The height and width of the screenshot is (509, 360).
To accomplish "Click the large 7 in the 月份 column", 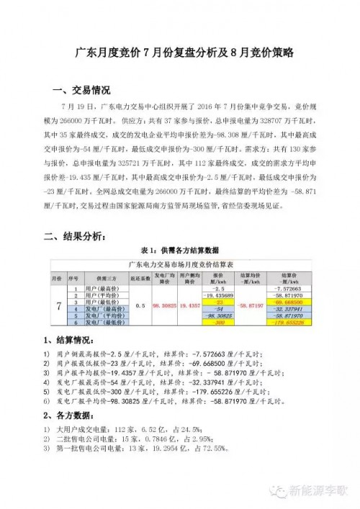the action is [58, 305].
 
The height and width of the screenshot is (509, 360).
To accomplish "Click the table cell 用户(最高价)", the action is [104, 289].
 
